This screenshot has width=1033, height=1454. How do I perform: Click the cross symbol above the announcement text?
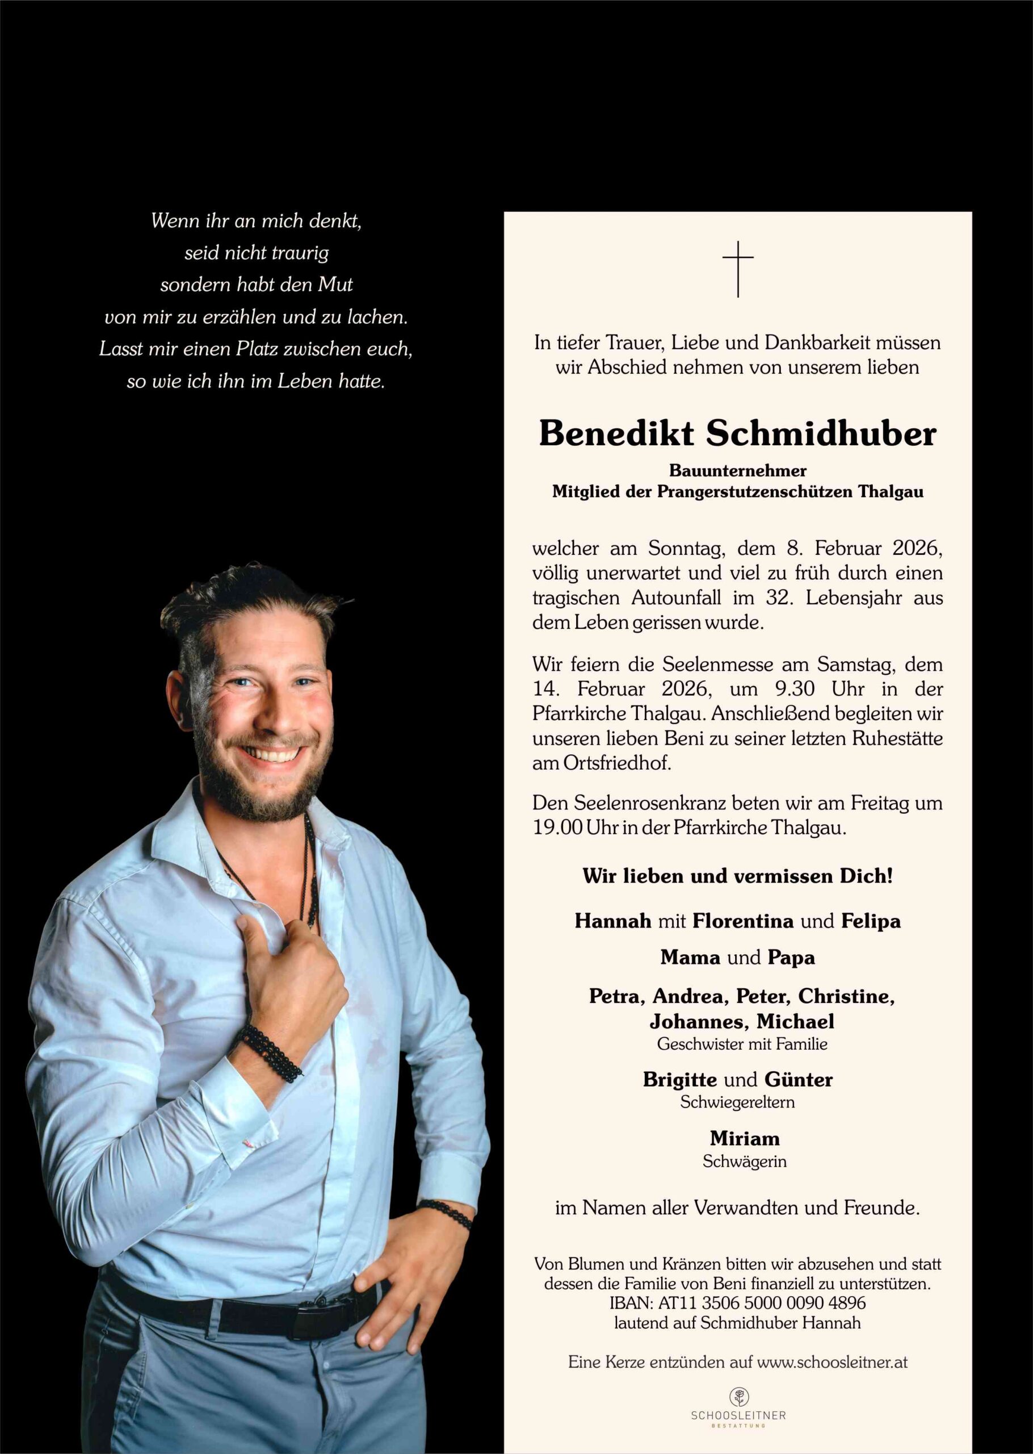click(738, 269)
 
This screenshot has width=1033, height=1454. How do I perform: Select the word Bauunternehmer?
click(738, 471)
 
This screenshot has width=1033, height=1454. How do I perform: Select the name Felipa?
click(871, 921)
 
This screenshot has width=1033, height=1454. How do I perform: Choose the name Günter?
click(798, 1079)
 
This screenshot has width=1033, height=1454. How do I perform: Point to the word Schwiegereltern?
click(738, 1102)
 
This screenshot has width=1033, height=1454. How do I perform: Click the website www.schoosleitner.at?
click(832, 1363)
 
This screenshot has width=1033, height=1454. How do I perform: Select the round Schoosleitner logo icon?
click(738, 1397)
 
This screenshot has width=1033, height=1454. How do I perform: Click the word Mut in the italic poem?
click(335, 285)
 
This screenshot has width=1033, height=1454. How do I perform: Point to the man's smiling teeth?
click(273, 755)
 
